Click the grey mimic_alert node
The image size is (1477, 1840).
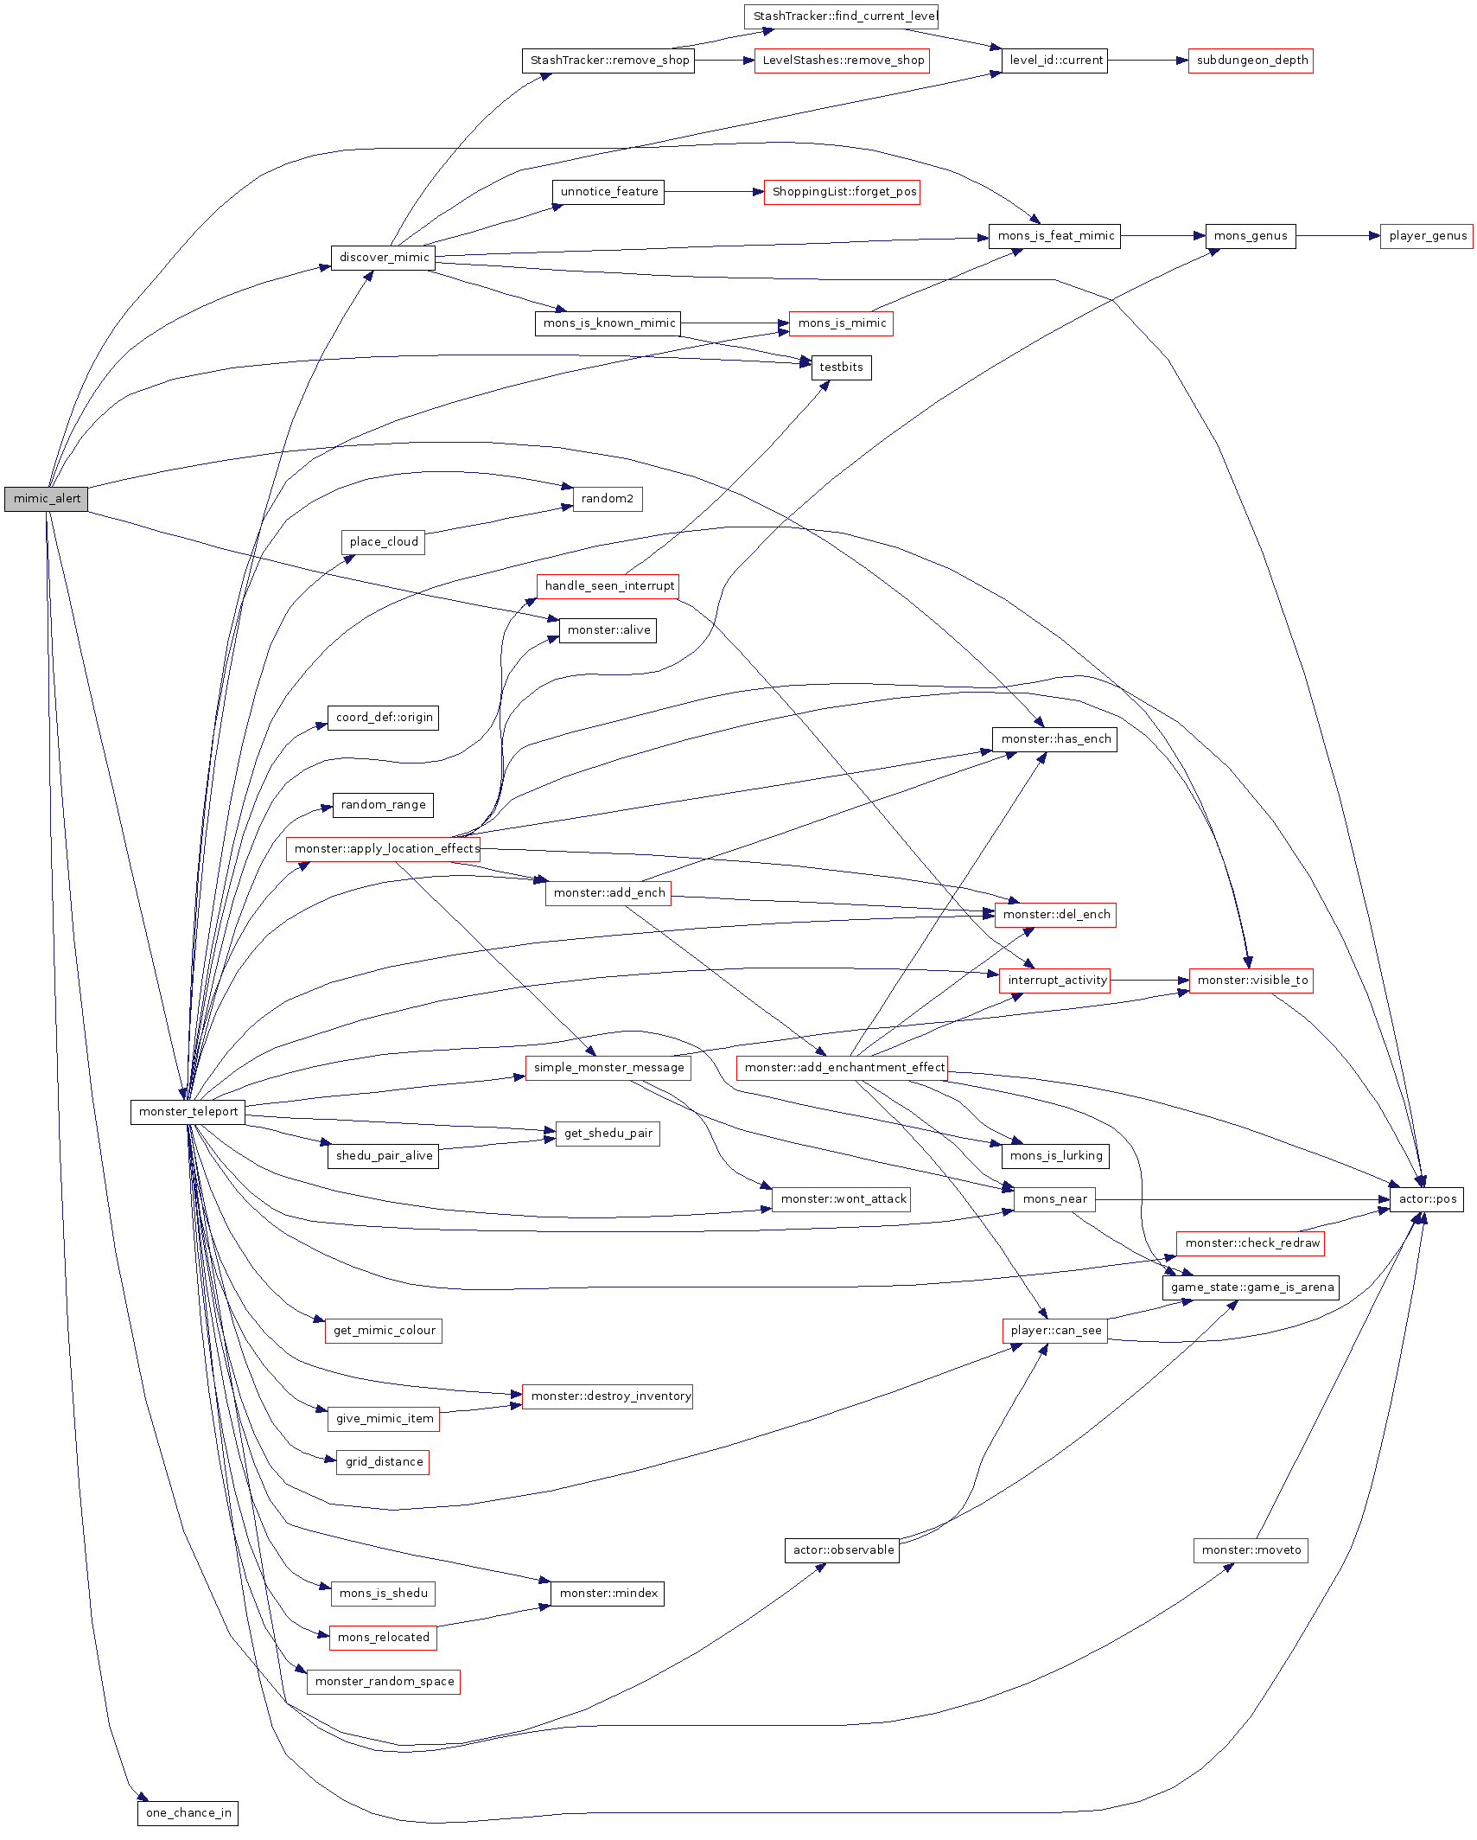point(47,499)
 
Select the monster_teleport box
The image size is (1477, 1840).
point(188,1112)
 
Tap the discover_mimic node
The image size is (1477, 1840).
point(384,258)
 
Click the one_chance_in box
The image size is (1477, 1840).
point(188,1813)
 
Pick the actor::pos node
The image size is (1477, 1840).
point(1427,1199)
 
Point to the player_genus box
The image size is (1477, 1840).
point(1427,236)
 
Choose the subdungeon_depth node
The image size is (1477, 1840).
point(1251,61)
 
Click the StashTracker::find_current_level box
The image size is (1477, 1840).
point(842,16)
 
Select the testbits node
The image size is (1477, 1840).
point(841,367)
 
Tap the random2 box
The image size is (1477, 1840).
point(607,499)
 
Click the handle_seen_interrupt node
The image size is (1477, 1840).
point(608,586)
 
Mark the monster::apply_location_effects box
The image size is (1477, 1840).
point(384,849)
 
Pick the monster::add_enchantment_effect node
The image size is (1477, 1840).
point(843,1068)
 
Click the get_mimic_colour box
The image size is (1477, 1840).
point(384,1331)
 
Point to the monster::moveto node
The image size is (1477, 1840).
point(1251,1550)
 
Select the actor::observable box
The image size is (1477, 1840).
point(843,1550)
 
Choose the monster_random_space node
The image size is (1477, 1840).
point(384,1682)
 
